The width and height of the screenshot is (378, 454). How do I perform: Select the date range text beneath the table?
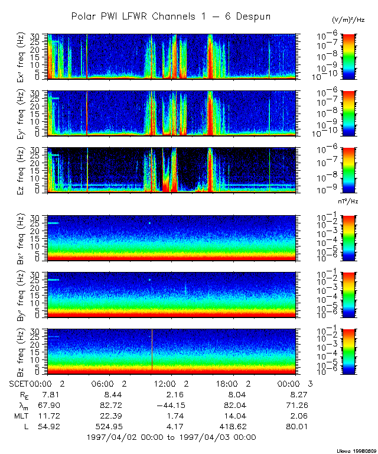[171, 437]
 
